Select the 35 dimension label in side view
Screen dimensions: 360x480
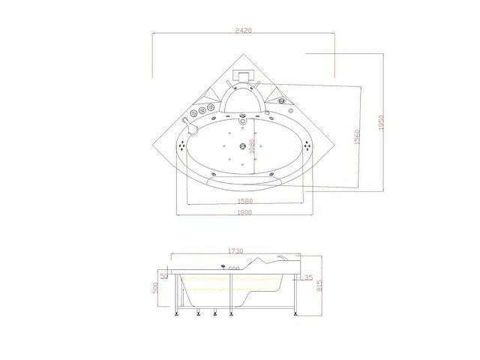point(309,277)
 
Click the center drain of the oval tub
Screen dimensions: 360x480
point(241,146)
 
